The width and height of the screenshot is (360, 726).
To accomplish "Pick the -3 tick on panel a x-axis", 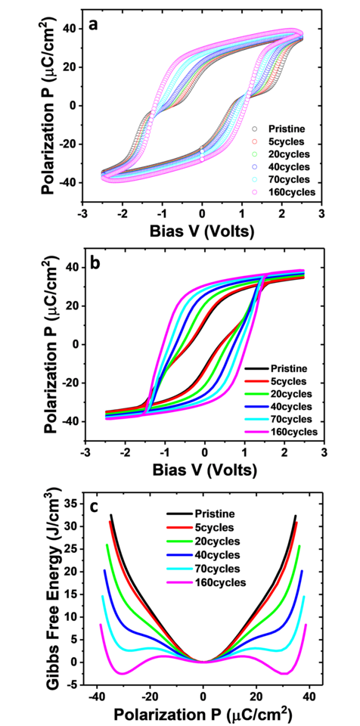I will (82, 214).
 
